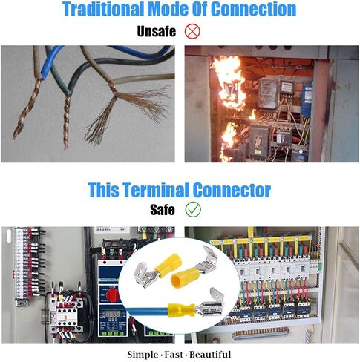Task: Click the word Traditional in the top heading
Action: (x=103, y=9)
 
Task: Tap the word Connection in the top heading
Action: (x=254, y=9)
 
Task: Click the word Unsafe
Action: (x=157, y=32)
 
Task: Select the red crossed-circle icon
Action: (x=192, y=31)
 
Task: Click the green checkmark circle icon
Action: (x=193, y=209)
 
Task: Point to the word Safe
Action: (x=163, y=210)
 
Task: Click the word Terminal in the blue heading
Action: (x=157, y=190)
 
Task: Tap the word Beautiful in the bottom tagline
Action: (x=210, y=355)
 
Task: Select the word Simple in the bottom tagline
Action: (x=143, y=355)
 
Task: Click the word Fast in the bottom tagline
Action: (x=174, y=355)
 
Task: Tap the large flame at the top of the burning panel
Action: (x=229, y=82)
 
